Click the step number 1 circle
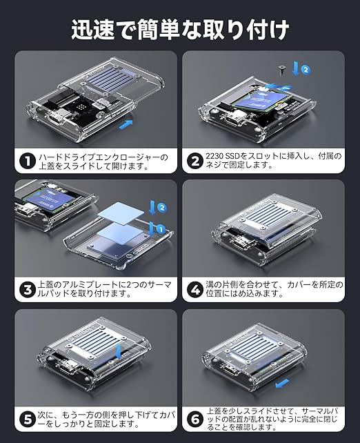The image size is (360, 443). pyautogui.click(x=28, y=161)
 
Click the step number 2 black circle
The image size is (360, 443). pyautogui.click(x=195, y=161)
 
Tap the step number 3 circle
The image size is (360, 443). pyautogui.click(x=28, y=290)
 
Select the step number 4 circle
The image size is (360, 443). pyautogui.click(x=195, y=290)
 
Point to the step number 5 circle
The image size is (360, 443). pyautogui.click(x=28, y=420)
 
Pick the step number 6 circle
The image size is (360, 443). pyautogui.click(x=195, y=420)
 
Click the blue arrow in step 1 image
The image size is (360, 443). pyautogui.click(x=126, y=125)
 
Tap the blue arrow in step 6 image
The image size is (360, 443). pyautogui.click(x=282, y=384)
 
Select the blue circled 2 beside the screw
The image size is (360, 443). pyautogui.click(x=306, y=70)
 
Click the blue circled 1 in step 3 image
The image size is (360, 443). pyautogui.click(x=161, y=230)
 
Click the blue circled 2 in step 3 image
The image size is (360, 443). pyautogui.click(x=162, y=208)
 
